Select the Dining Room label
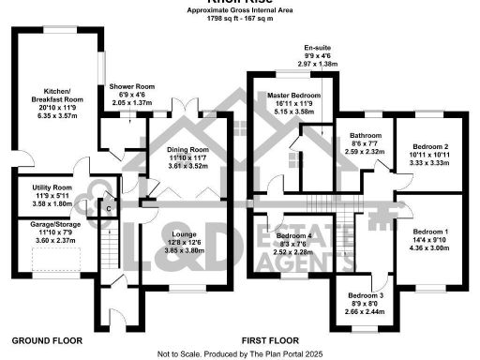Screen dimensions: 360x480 (x=187, y=150)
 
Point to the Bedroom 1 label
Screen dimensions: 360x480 (x=431, y=231)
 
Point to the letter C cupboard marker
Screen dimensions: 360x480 (x=109, y=208)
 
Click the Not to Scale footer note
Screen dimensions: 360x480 (x=240, y=352)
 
